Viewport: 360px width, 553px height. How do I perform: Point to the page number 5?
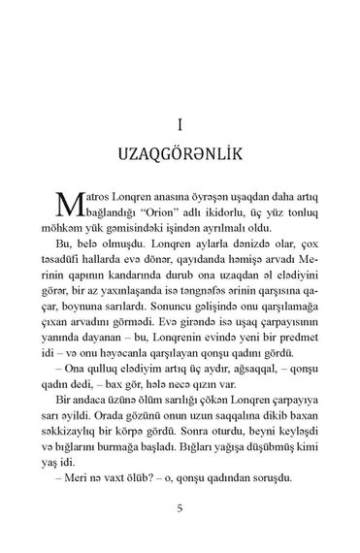180,505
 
